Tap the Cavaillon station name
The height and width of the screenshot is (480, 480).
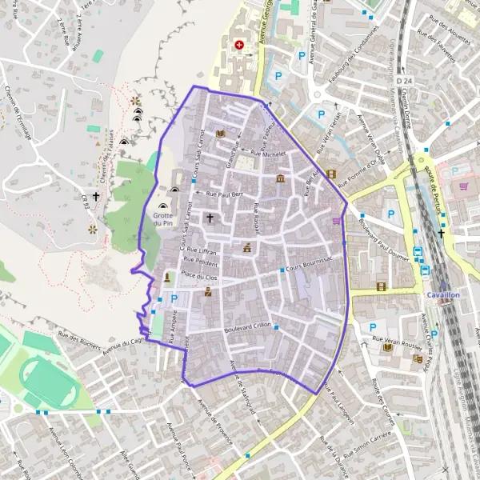coord(442,294)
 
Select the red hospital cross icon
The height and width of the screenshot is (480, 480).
coord(238,45)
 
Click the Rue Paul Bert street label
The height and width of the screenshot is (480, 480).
coord(224,194)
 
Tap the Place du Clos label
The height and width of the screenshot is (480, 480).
coord(199,275)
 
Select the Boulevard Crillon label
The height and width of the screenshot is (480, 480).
coord(249,326)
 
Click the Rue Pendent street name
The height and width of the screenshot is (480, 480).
coord(200,261)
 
